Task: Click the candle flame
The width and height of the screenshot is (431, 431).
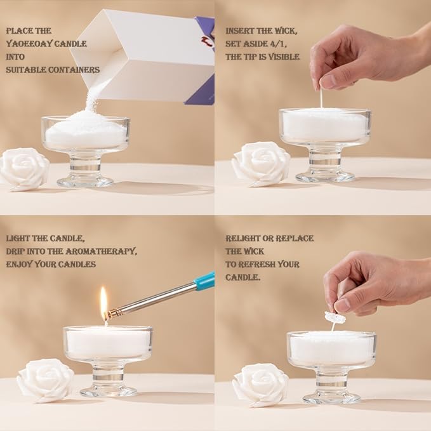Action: pos(103,298)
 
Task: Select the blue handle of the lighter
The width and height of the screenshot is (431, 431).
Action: pos(205,281)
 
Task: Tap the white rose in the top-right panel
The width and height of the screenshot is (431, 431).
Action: pos(260,164)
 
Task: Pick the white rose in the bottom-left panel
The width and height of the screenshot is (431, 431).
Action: pos(45,380)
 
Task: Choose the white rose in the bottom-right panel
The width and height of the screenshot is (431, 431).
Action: pos(260,384)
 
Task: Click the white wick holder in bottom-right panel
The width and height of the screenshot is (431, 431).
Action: pos(335,317)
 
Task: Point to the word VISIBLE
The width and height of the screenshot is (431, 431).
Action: pos(284,56)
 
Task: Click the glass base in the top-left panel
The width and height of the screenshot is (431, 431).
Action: pos(85,181)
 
